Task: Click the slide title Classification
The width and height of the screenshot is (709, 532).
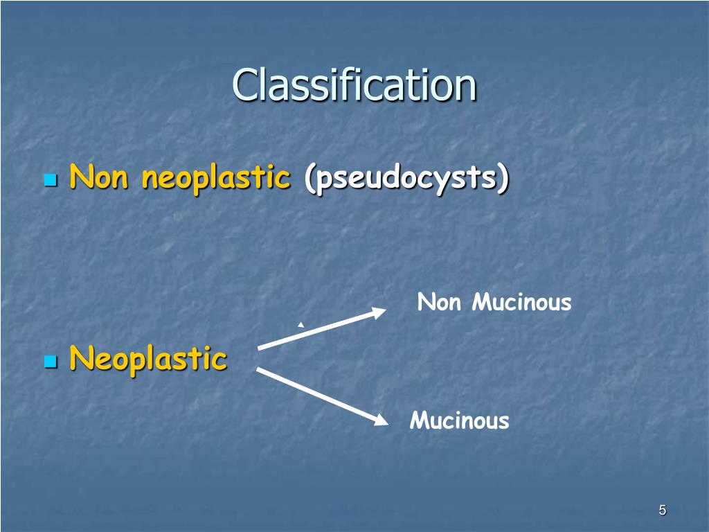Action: [354, 85]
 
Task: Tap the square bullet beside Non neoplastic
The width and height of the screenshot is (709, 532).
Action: [50, 181]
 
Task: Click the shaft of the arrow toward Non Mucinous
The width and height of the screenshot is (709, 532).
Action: [316, 330]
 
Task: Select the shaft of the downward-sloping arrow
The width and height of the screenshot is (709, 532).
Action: [316, 394]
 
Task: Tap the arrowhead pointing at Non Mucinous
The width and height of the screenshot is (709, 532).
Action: [379, 312]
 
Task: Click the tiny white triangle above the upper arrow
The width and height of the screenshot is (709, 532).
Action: [300, 324]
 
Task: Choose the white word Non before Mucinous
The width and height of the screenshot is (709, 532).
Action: [439, 303]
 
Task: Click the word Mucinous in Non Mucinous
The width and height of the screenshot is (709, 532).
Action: [521, 303]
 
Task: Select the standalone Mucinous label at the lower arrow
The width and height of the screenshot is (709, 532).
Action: [459, 420]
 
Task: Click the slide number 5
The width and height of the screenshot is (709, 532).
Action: [663, 511]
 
